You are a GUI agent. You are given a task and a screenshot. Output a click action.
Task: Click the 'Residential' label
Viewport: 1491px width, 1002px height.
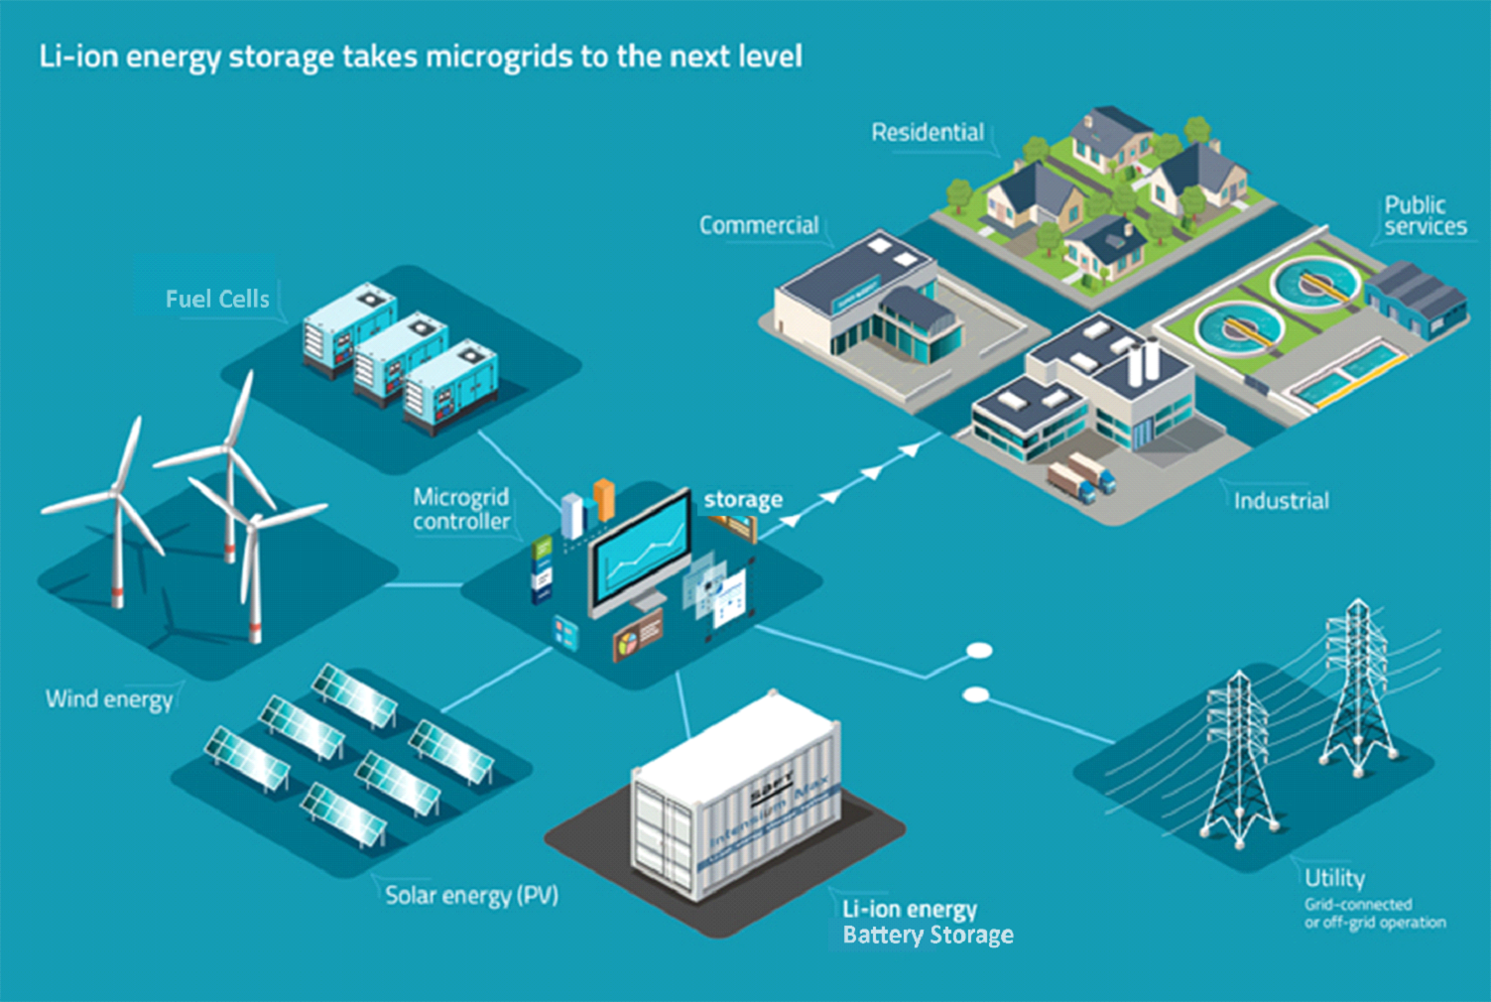pos(928,132)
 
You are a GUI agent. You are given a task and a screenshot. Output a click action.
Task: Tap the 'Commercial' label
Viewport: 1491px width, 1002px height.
pos(759,225)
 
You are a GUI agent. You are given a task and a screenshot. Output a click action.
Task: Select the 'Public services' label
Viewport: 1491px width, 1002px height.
pos(1425,215)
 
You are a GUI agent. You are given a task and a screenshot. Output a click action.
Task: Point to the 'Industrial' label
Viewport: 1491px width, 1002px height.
pos(1281,501)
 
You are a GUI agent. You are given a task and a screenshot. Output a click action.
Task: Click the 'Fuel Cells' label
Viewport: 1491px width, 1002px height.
pos(217,299)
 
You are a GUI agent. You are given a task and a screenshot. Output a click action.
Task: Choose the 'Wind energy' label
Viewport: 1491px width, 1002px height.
pos(109,699)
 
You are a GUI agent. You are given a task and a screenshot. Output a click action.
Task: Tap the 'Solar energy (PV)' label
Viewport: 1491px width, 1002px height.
pos(471,895)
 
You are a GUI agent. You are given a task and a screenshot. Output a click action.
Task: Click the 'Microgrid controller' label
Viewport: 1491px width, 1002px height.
pos(461,509)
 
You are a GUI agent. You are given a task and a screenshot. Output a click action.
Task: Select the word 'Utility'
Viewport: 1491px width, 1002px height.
pos(1334,878)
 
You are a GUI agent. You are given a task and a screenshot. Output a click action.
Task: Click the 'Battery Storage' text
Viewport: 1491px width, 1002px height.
pos(928,935)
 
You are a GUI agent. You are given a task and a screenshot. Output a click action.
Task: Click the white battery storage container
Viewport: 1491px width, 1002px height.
pos(739,794)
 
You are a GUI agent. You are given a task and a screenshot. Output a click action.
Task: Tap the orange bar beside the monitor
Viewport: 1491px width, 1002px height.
pos(604,499)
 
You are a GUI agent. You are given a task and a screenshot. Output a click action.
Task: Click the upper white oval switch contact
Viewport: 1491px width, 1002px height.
pos(979,651)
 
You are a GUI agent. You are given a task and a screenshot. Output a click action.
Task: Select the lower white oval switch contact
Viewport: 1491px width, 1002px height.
pos(976,694)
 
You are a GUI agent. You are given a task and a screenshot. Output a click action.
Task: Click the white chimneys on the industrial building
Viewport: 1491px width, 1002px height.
pos(1144,363)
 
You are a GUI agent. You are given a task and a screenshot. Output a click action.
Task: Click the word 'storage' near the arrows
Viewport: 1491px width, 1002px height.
pos(743,500)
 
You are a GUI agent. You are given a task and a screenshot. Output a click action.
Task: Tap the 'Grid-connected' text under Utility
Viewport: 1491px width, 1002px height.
pos(1358,904)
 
